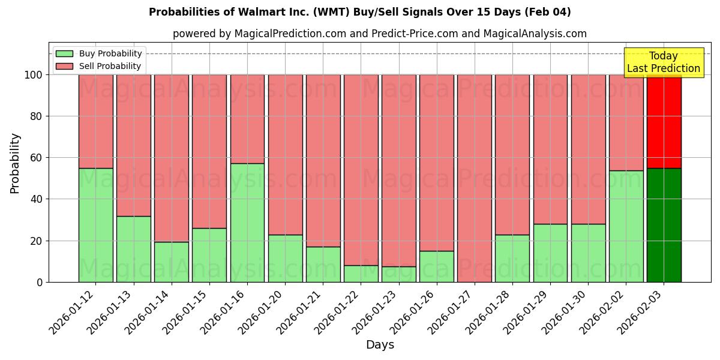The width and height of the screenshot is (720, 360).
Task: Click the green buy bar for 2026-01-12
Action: pos(95,225)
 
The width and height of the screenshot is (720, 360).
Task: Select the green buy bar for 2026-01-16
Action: pos(247,223)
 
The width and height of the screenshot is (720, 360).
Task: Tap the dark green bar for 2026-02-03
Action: pos(664,225)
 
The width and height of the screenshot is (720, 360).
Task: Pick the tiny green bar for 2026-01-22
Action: pos(361,274)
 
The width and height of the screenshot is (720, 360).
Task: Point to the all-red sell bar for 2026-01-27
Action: pos(475,178)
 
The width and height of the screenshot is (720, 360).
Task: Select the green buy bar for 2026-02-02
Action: pos(626,226)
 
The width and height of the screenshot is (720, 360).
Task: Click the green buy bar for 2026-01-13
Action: pos(133,249)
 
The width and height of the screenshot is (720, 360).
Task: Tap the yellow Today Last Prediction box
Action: pos(664,62)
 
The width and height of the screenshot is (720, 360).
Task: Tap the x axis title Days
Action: pos(380,345)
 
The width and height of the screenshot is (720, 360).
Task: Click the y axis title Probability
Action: pos(15,163)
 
